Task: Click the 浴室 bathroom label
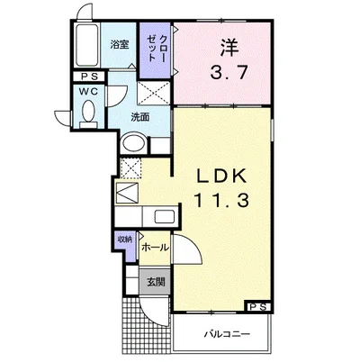[120, 45]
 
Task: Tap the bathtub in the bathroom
[87, 45]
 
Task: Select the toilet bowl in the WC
[88, 111]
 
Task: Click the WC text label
[88, 91]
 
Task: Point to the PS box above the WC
[89, 77]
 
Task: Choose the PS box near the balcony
[258, 307]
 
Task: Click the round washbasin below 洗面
[134, 143]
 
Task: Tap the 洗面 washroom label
[139, 117]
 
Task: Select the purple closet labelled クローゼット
[156, 50]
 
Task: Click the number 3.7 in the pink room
[229, 72]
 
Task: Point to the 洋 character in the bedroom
[229, 48]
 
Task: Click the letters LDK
[221, 176]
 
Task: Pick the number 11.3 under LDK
[222, 200]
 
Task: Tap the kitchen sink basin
[165, 216]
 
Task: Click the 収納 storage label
[125, 240]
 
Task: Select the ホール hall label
[155, 248]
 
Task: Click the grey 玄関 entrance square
[155, 282]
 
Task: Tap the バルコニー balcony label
[228, 334]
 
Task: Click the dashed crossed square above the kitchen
[130, 167]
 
